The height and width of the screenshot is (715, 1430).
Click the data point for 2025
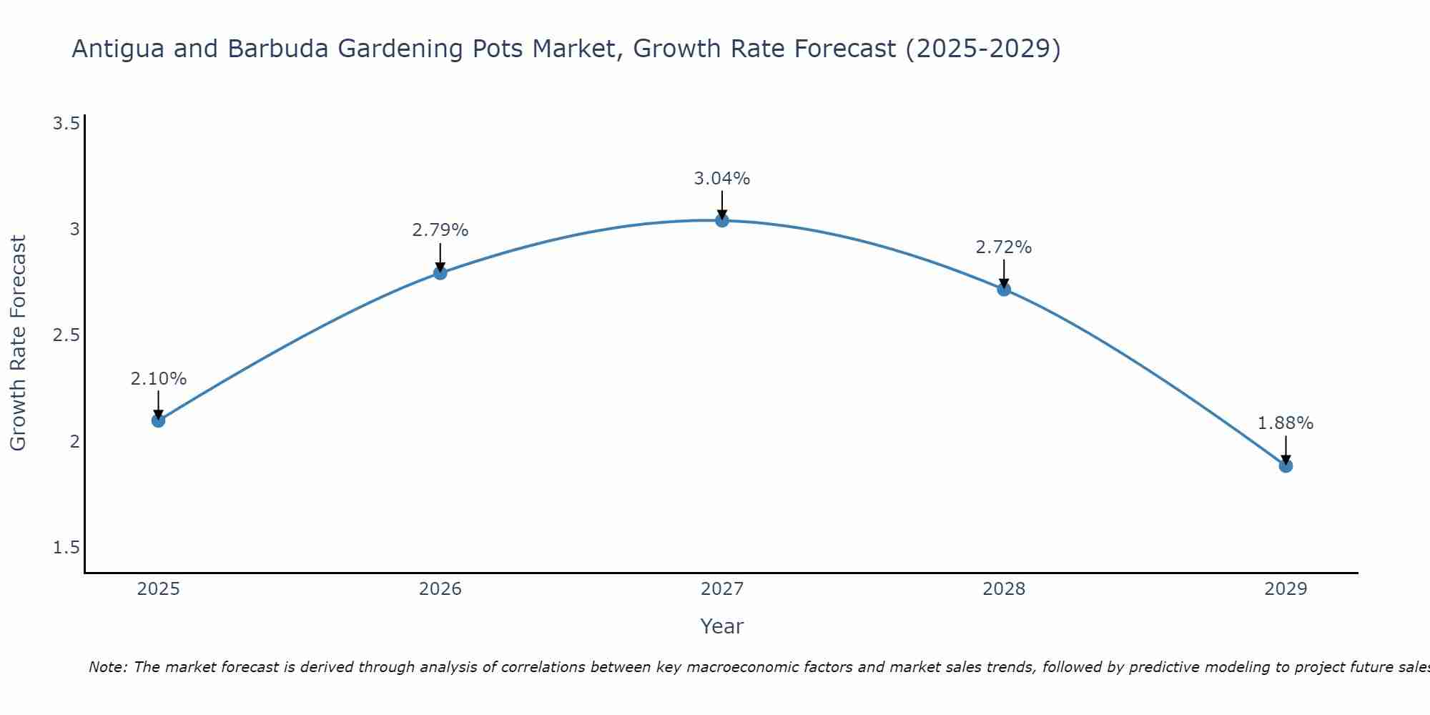click(158, 420)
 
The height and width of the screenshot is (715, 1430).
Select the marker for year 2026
click(440, 272)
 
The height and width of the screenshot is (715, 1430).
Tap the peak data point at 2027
click(722, 220)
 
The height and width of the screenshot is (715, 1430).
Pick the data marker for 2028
click(1004, 289)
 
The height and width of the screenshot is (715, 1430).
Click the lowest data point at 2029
click(1286, 465)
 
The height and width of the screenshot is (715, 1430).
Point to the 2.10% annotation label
click(158, 379)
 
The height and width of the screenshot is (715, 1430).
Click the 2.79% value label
click(440, 230)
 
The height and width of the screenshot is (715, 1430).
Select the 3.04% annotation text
click(722, 179)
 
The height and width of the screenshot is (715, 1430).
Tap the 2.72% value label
click(1004, 247)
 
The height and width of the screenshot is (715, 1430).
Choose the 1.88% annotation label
click(1286, 423)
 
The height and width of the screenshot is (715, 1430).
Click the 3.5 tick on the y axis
click(66, 124)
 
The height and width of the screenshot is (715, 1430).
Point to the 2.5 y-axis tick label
click(66, 335)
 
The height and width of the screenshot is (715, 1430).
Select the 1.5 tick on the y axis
click(66, 548)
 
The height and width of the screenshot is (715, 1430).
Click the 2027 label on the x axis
click(722, 589)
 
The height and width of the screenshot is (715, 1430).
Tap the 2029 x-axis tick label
click(1286, 589)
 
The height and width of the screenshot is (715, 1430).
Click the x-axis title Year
click(722, 626)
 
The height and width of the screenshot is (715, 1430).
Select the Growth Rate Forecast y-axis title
click(19, 343)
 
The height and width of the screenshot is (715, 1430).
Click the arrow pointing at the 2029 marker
click(1286, 450)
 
